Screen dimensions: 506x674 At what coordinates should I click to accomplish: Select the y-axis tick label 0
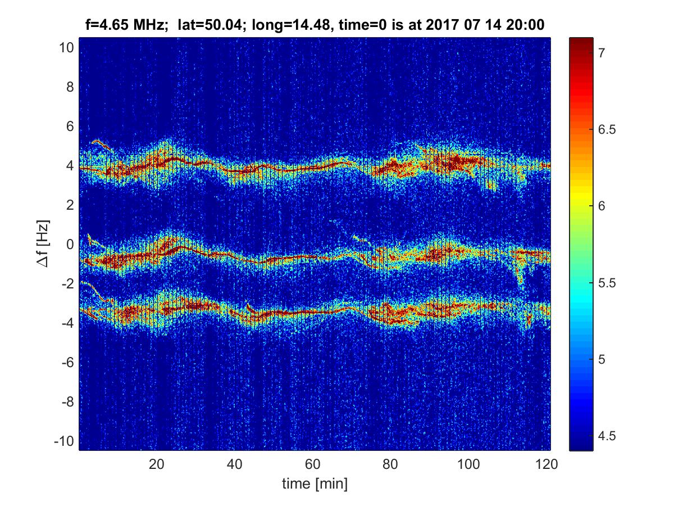[x=70, y=245]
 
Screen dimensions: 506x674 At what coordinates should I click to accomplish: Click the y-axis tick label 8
[x=70, y=87]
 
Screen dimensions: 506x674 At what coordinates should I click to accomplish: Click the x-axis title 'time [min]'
[x=315, y=483]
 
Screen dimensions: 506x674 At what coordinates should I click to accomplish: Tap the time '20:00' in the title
[x=526, y=25]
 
